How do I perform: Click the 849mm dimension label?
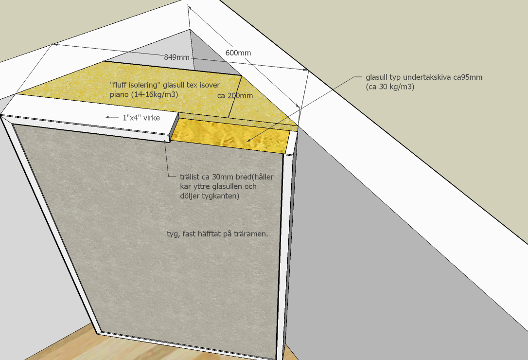(x=177, y=57)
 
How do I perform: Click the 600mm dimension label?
(x=238, y=53)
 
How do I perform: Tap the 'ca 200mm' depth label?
(x=235, y=96)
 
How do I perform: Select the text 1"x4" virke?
(x=141, y=118)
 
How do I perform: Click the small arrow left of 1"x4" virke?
(x=112, y=117)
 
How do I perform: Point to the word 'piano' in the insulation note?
(x=119, y=95)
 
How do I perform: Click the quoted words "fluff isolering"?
(x=134, y=85)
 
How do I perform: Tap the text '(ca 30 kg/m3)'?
(x=390, y=87)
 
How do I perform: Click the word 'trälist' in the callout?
(x=190, y=177)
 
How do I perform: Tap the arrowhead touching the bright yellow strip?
(x=250, y=139)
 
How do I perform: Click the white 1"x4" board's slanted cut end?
(x=174, y=127)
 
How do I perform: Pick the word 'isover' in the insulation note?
(x=210, y=85)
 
